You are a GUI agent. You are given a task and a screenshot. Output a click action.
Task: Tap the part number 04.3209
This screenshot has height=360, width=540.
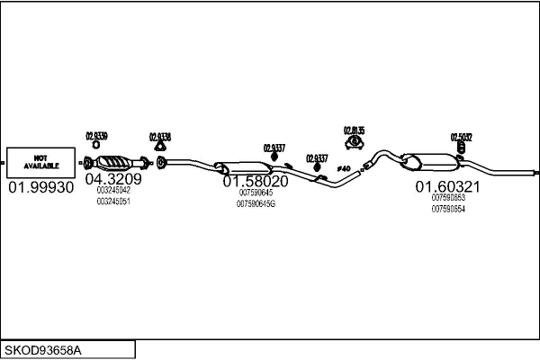[113, 178]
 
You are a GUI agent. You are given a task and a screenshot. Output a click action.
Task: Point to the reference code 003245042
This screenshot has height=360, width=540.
[113, 190]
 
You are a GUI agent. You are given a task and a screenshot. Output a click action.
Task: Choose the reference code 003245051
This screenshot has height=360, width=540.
[113, 202]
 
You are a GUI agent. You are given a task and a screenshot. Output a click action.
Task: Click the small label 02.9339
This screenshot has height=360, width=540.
[96, 136]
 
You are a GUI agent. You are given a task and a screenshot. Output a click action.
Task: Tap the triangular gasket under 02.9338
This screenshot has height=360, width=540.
[159, 147]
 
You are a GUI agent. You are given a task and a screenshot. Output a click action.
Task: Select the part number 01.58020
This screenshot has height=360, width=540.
[256, 181]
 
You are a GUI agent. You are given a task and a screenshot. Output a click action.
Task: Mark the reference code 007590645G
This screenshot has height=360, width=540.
[256, 204]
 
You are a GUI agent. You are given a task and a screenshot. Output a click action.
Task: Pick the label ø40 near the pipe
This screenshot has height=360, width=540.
[342, 168]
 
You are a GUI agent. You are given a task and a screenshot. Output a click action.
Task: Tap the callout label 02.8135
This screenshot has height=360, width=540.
[354, 130]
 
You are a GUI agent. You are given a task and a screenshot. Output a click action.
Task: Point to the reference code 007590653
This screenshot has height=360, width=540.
[448, 198]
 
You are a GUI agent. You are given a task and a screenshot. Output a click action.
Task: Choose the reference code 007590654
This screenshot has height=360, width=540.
[448, 209]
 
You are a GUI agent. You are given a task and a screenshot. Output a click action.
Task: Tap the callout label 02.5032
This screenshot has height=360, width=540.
[462, 138]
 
